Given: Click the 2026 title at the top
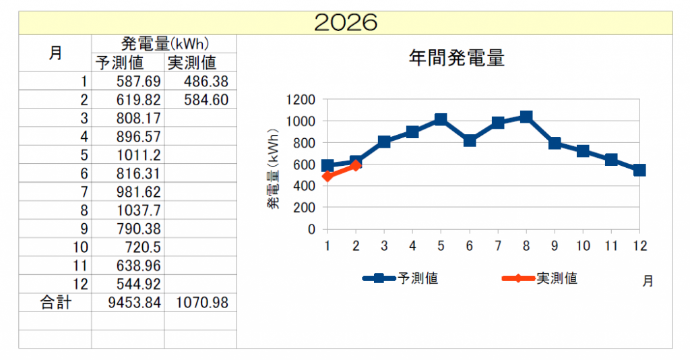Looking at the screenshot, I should [346, 22].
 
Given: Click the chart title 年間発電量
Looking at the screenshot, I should [456, 58].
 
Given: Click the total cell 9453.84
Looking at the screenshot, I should [134, 303].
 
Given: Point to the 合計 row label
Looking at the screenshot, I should [55, 303].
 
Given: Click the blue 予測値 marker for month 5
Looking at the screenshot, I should [441, 120].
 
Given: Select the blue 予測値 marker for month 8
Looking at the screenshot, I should [526, 117].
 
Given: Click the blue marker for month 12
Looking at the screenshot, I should [639, 170].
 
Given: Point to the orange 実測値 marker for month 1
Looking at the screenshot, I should [327, 177].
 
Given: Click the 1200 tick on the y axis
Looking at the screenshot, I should [301, 100].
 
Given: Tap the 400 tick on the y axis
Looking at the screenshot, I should [305, 186].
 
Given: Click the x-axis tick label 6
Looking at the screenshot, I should [470, 246].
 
